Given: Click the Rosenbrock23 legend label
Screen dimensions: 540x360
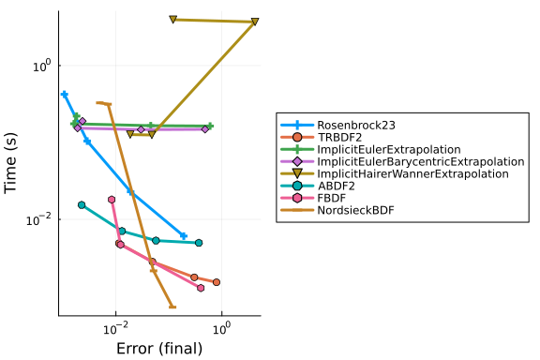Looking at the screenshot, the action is pyautogui.click(x=356, y=125).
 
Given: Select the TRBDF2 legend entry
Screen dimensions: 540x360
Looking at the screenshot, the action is pyautogui.click(x=339, y=137).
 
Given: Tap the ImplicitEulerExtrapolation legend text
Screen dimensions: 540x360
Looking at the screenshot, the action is pyautogui.click(x=389, y=149).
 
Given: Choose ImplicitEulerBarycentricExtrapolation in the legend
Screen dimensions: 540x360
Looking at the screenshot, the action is pyautogui.click(x=421, y=161).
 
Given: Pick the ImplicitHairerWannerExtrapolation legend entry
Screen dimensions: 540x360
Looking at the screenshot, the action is pyautogui.click(x=412, y=173).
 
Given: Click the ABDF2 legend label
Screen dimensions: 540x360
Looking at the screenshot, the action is pyautogui.click(x=336, y=186).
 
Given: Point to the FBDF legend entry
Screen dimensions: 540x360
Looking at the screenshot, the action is pyautogui.click(x=331, y=198).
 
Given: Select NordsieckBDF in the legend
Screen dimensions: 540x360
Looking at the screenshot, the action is pyautogui.click(x=355, y=210).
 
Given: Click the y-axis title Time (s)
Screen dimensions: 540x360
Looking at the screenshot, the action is pyautogui.click(x=10, y=163).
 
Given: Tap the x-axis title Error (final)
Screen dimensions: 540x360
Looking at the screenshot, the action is pyautogui.click(x=159, y=349).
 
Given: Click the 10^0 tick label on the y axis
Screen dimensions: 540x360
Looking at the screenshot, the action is pyautogui.click(x=42, y=66).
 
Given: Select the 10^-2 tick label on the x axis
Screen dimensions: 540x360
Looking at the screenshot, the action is pyautogui.click(x=115, y=329).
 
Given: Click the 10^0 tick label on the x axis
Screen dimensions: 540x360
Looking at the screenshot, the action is pyautogui.click(x=221, y=329).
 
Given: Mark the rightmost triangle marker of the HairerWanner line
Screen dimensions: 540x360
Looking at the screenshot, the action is pyautogui.click(x=255, y=22).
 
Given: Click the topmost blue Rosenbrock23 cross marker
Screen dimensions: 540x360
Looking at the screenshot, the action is pyautogui.click(x=64, y=95).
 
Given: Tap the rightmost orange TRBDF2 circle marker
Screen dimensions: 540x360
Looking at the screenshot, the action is pyautogui.click(x=217, y=282).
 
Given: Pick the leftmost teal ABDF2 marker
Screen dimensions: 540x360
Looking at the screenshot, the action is pyautogui.click(x=82, y=205).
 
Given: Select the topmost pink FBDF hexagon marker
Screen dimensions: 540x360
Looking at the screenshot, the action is pyautogui.click(x=112, y=200).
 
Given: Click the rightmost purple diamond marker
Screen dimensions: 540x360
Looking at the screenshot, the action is pyautogui.click(x=205, y=129).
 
